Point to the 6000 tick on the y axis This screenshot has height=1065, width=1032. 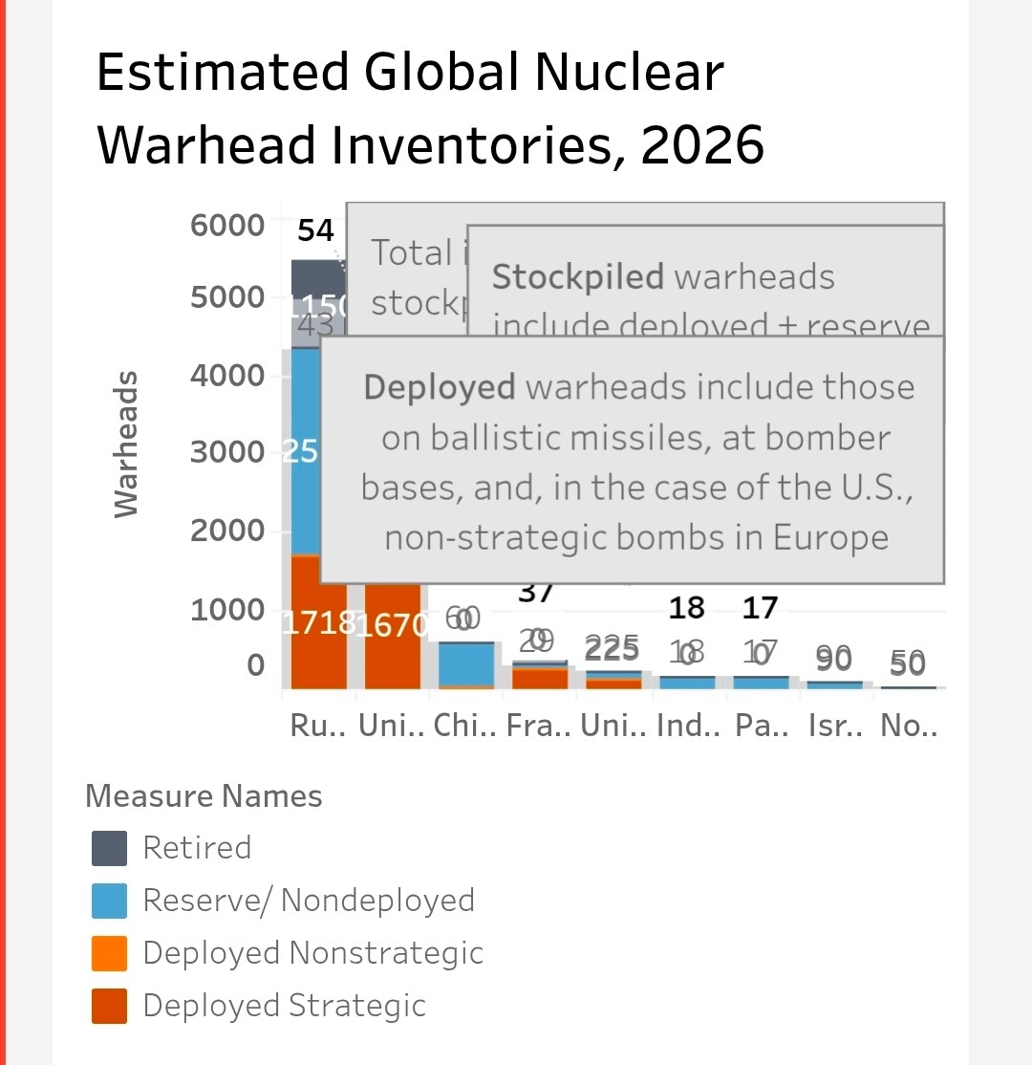[226, 226]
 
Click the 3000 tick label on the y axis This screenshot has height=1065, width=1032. [226, 452]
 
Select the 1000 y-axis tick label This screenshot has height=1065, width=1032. [226, 610]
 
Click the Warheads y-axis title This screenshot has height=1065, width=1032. [126, 445]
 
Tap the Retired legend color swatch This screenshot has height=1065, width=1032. [109, 848]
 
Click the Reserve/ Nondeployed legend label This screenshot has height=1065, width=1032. [308, 901]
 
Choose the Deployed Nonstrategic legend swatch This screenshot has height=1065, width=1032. [109, 953]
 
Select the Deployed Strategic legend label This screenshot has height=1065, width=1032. [284, 1006]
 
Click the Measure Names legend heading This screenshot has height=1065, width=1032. [204, 795]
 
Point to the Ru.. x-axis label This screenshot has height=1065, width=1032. [314, 727]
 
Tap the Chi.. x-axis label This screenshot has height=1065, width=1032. [464, 727]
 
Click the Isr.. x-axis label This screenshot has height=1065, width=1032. [834, 727]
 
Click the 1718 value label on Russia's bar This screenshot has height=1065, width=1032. [319, 624]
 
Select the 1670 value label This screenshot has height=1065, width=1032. [392, 626]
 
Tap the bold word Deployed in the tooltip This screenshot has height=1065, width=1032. [439, 387]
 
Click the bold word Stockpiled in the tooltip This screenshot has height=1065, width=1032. [577, 277]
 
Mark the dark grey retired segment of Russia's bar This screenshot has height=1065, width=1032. [317, 278]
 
